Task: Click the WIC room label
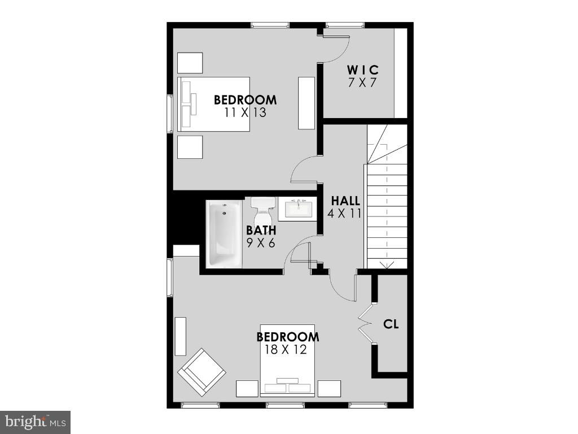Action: tap(363, 70)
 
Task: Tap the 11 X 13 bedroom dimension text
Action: tap(245, 112)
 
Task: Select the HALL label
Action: tap(345, 201)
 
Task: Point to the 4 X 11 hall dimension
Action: tap(344, 213)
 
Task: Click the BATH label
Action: tap(261, 231)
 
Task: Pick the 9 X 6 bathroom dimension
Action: tap(261, 243)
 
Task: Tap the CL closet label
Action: tap(391, 324)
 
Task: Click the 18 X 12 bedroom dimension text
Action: tap(286, 349)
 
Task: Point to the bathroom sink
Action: tap(297, 209)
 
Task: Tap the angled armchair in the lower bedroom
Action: tap(202, 372)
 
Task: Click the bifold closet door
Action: tap(366, 323)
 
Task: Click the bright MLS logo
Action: tap(36, 422)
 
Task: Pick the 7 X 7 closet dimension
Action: tap(362, 83)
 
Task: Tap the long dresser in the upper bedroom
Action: tap(306, 103)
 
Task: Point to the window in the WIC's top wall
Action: tap(345, 25)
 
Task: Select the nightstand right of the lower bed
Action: tap(329, 389)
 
